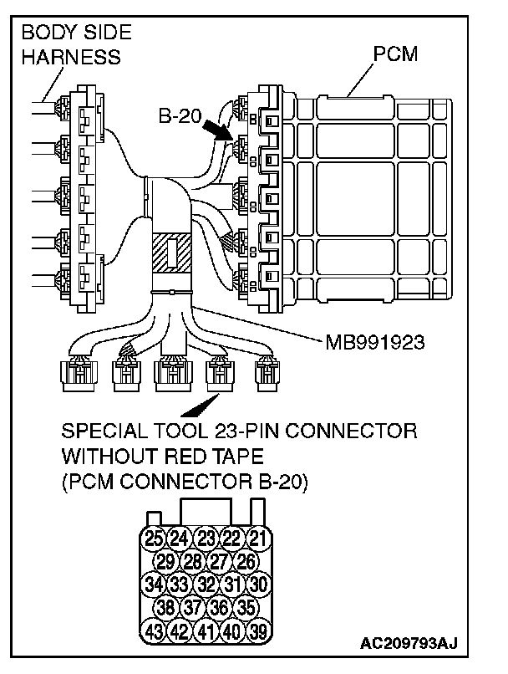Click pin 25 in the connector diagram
click(x=154, y=538)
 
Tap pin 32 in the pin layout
click(x=206, y=583)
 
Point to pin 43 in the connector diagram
click(x=154, y=629)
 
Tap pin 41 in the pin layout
click(x=206, y=629)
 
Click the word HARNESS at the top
click(x=71, y=58)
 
